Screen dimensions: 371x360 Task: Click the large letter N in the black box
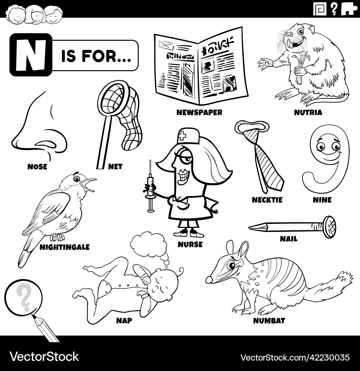pos(31,55)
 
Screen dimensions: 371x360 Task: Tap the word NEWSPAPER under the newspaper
pos(199,113)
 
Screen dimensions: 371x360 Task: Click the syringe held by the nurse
pos(150,187)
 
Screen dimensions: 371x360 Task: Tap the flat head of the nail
pos(329,227)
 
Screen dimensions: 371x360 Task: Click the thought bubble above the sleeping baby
pos(148,245)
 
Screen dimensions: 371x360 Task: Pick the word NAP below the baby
pos(124,320)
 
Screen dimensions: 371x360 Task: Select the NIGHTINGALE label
pos(64,247)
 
